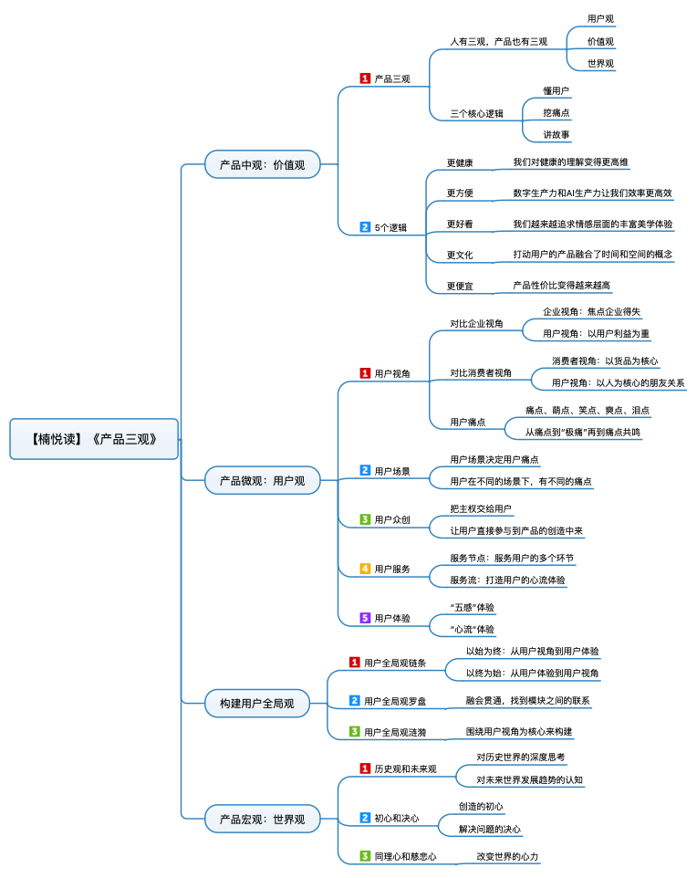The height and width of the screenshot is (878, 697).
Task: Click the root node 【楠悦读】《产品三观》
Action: point(94,439)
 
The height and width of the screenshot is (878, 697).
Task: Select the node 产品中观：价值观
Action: point(262,165)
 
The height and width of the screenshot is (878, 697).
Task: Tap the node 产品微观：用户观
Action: point(262,479)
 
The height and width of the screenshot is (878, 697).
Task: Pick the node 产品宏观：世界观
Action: point(262,819)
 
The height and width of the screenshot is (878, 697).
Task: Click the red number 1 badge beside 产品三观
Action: point(365,78)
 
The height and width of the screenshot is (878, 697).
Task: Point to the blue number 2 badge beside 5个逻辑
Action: point(365,226)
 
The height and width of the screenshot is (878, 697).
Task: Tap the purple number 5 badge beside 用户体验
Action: point(365,618)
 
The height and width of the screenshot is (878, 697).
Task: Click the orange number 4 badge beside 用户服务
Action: point(365,569)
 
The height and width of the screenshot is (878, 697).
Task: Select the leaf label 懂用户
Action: point(557,90)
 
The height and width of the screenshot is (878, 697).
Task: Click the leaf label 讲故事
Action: point(557,134)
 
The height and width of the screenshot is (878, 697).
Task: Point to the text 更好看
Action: point(460,224)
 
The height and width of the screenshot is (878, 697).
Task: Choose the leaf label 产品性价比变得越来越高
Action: point(562,286)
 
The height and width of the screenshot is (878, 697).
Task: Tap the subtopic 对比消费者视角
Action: point(481,372)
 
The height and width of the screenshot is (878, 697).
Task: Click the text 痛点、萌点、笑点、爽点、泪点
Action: point(588,410)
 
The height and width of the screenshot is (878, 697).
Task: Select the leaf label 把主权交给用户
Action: point(481,508)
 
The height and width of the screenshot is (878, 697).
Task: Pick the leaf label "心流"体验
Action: point(473,629)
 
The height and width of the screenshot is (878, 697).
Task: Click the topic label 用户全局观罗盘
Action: point(395,701)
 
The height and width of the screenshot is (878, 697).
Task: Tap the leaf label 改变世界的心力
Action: point(508,857)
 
